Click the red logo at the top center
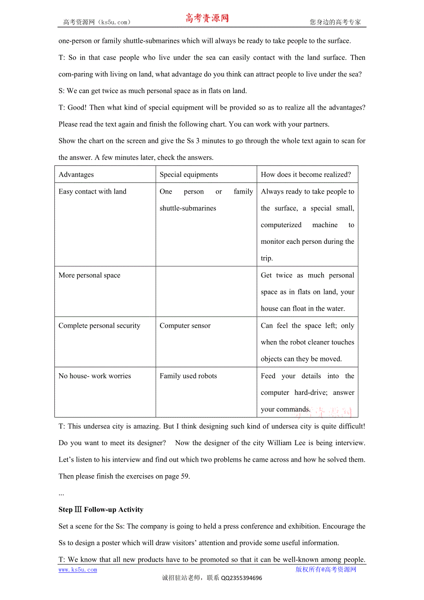[207, 18]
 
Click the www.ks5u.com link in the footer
[77, 570]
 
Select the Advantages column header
[76, 175]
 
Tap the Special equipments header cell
[188, 175]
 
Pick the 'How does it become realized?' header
[306, 175]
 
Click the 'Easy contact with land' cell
[92, 192]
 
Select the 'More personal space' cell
[89, 276]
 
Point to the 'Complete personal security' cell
[99, 326]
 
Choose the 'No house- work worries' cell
[94, 376]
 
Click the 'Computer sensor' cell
[185, 326]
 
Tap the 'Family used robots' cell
[188, 376]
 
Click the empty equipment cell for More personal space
[206, 291]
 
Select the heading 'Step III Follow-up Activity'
[101, 510]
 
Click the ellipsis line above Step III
[61, 494]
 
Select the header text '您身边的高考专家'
[335, 22]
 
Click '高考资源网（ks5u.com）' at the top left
[97, 22]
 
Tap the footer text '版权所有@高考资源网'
[326, 570]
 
